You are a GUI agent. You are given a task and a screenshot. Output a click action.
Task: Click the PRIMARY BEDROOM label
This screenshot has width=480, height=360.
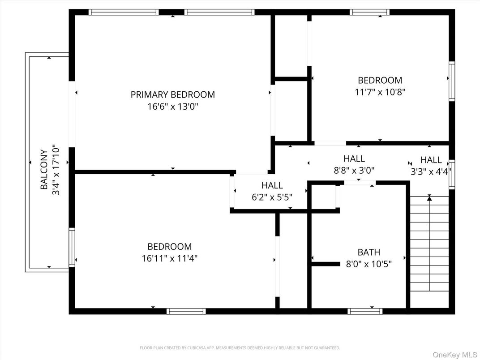[172, 94]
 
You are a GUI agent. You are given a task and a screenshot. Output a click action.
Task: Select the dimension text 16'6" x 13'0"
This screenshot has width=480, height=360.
[172, 107]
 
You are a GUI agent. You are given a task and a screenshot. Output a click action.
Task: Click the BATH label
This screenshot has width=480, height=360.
[369, 253]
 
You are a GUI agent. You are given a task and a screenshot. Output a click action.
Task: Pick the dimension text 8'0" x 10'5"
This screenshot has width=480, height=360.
[369, 264]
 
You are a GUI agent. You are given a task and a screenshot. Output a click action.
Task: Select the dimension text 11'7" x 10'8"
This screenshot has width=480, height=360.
[380, 92]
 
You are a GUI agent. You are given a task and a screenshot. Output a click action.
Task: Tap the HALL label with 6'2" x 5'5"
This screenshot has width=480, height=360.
[272, 185]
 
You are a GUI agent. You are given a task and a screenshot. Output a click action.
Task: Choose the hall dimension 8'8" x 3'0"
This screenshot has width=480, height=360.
[354, 170]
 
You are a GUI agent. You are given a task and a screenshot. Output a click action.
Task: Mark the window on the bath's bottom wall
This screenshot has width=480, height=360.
[365, 311]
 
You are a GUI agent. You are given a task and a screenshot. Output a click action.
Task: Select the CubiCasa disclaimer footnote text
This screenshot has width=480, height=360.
[240, 347]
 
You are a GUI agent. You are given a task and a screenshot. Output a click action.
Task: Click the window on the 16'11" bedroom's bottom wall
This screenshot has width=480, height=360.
[186, 311]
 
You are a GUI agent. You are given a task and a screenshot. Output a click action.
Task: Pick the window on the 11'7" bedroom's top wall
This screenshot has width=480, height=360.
[369, 12]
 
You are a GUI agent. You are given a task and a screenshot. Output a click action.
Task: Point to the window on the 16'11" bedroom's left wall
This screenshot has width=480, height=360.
[72, 247]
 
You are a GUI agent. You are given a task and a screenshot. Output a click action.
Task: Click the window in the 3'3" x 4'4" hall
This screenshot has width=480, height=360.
[452, 173]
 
